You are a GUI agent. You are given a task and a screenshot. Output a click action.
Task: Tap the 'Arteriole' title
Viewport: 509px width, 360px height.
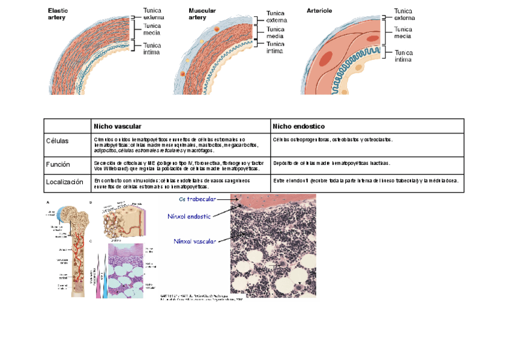click(319, 11)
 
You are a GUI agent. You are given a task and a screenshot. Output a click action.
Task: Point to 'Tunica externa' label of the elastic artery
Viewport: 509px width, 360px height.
click(152, 14)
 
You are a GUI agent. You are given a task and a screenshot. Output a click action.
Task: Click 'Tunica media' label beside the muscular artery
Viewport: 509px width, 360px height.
click(275, 32)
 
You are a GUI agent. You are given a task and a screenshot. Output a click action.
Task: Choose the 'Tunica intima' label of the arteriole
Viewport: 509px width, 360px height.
click(403, 56)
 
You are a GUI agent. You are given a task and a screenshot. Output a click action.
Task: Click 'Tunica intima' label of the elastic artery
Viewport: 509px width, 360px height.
click(152, 49)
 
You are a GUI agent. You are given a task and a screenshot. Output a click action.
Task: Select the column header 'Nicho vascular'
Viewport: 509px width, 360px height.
click(117, 127)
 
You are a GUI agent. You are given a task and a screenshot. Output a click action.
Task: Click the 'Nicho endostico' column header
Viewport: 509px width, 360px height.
click(299, 127)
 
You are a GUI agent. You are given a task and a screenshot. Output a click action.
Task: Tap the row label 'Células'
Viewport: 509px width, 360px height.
click(58, 141)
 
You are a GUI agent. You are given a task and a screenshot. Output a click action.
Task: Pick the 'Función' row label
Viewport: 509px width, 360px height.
click(58, 164)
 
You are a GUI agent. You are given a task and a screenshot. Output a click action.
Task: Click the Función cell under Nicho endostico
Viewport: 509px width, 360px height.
click(331, 163)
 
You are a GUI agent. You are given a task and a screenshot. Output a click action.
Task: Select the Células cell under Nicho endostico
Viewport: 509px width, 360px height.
click(333, 139)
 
